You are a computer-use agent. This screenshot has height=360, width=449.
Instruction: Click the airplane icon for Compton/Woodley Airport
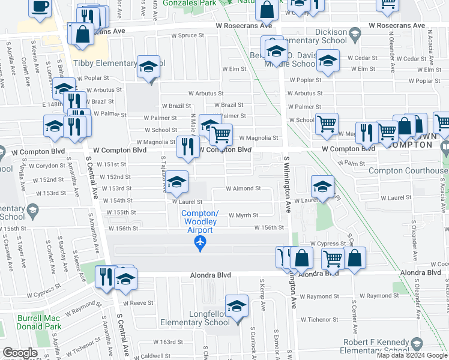coord(200,242)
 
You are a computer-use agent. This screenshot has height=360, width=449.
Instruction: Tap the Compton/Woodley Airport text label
coord(200,222)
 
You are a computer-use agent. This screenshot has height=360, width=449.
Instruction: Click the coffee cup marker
coord(40,7)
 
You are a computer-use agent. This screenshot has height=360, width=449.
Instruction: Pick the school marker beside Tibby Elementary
coord(148,67)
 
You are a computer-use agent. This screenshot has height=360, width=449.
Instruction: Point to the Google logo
coord(20,353)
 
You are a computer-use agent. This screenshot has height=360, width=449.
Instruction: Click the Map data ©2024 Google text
coord(412,355)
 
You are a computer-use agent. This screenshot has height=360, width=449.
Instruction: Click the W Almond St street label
coord(243,188)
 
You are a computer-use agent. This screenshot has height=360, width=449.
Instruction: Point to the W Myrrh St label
coord(243,215)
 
